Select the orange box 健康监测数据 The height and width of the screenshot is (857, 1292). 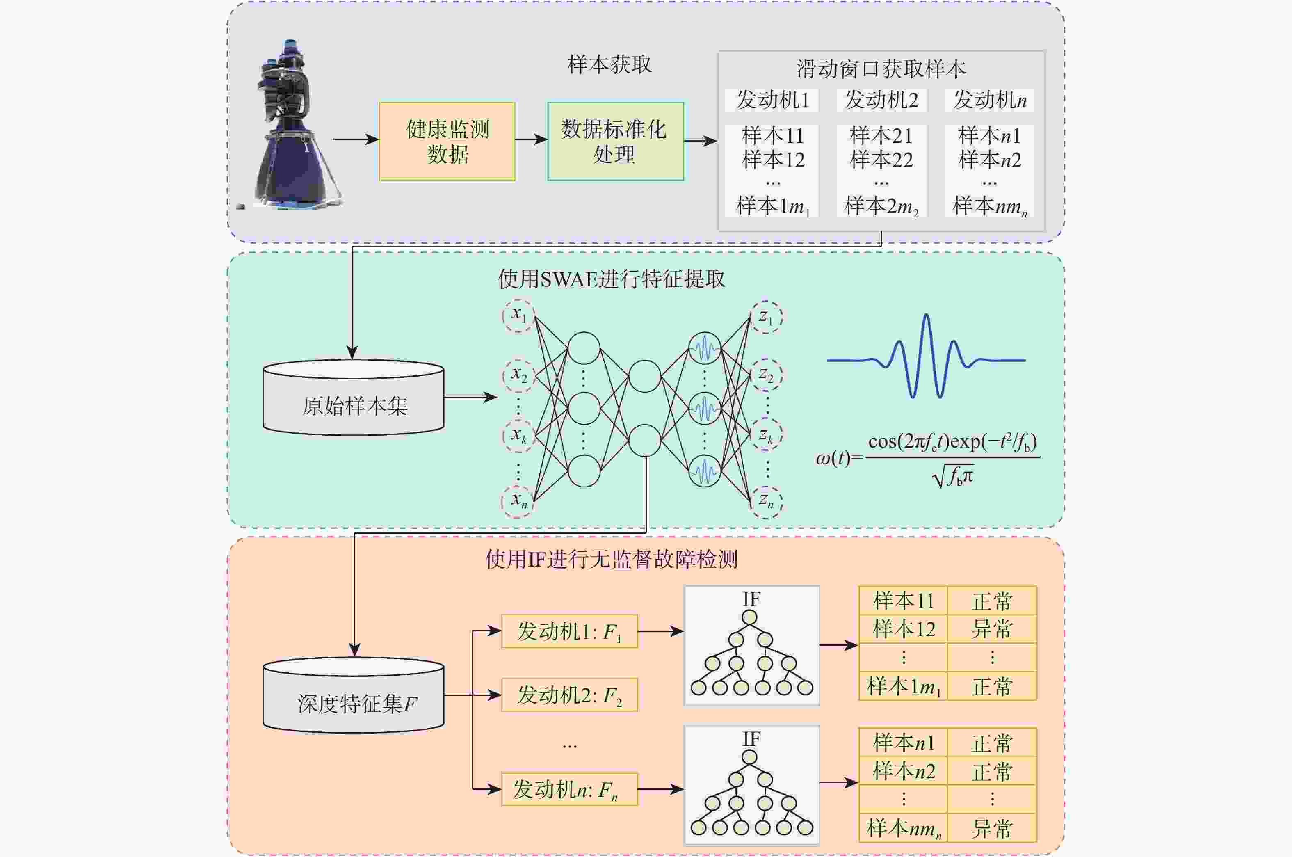click(x=447, y=141)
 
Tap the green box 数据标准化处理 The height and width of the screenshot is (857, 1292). click(x=616, y=141)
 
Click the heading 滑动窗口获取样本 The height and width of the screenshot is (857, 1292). click(x=881, y=69)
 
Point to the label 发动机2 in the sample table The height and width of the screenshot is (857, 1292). click(x=881, y=100)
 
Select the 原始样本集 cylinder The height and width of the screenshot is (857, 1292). click(x=354, y=398)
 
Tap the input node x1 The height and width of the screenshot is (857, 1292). click(x=518, y=315)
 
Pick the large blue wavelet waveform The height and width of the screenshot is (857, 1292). click(x=926, y=357)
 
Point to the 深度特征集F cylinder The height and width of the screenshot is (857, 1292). click(x=354, y=695)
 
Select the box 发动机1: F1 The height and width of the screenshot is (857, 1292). click(x=569, y=632)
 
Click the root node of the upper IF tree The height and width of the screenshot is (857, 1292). click(x=749, y=617)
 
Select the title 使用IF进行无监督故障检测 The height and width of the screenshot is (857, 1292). click(x=611, y=560)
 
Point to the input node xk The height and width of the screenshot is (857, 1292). click(x=518, y=436)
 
